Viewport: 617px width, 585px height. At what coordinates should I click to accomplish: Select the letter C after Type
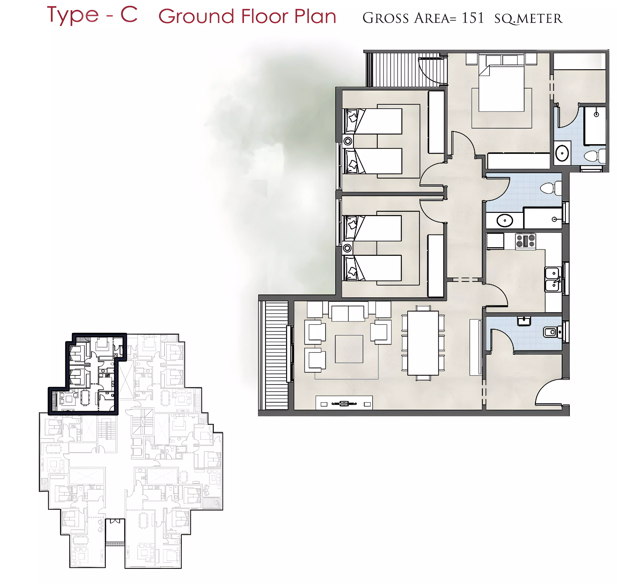click(129, 15)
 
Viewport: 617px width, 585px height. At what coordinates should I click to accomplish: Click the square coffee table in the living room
click(349, 349)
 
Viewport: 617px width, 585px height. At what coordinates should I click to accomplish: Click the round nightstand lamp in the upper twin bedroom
click(348, 141)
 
